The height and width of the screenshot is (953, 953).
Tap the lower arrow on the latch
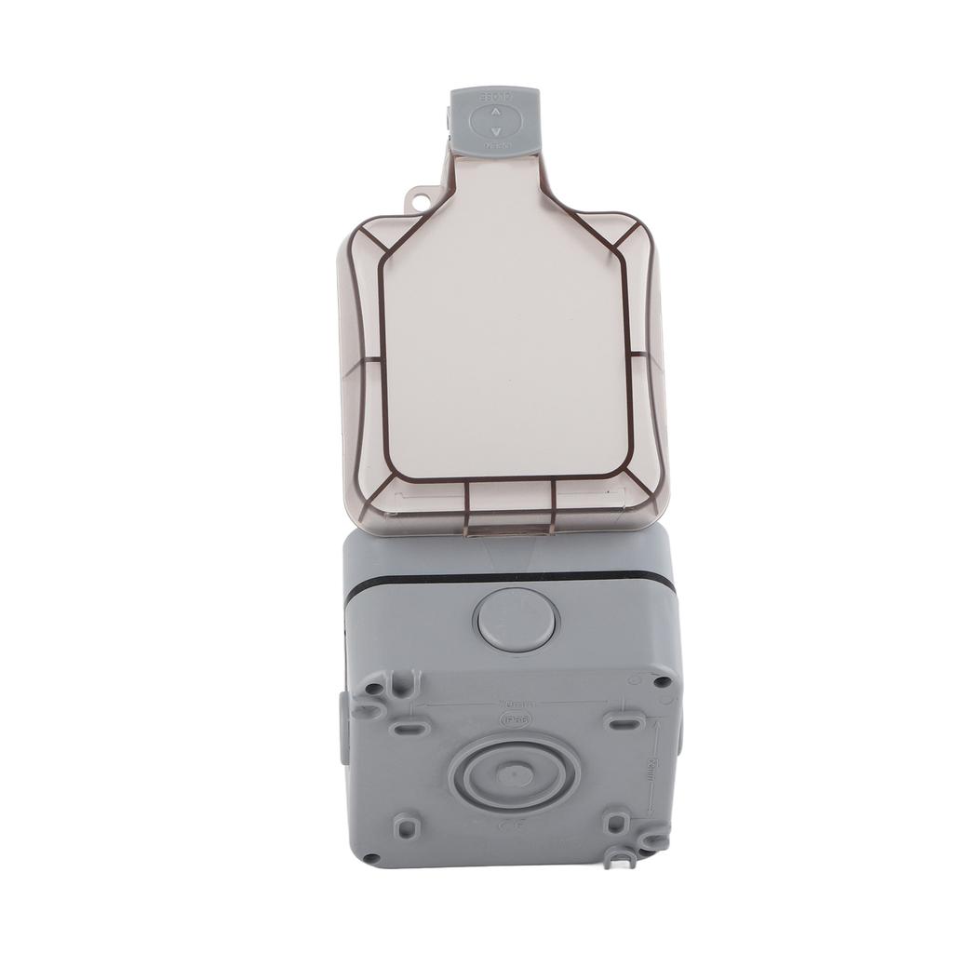(x=495, y=131)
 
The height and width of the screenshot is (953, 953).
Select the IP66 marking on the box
(x=512, y=720)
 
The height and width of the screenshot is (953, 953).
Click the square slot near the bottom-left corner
(x=405, y=826)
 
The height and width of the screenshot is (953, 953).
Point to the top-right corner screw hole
(x=662, y=681)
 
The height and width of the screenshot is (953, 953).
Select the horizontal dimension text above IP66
(x=513, y=704)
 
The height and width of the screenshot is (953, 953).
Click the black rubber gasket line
(x=512, y=580)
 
